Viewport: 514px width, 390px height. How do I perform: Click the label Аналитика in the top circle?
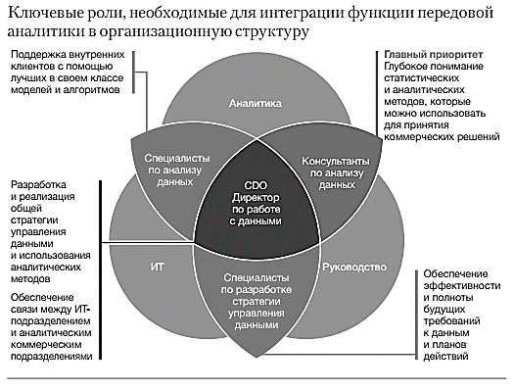coord(255,103)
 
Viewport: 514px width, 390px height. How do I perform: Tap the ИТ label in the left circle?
coord(157,267)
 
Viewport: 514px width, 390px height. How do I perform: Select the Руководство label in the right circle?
coord(354,268)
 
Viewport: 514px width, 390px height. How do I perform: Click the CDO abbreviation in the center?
coord(256,185)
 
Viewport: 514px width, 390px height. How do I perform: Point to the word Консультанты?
coord(336,162)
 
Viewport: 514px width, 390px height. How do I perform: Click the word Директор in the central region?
coord(256,198)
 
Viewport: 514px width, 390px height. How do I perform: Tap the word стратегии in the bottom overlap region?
coord(256,302)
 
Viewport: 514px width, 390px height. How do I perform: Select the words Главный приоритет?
coord(434,55)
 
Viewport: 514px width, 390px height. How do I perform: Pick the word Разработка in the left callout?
coord(38,185)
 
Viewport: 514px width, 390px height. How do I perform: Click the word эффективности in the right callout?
coord(462,286)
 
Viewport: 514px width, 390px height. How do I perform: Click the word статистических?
coord(422,78)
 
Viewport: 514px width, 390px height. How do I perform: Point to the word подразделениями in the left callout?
coord(52,357)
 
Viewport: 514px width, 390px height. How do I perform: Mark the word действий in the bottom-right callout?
coord(445,357)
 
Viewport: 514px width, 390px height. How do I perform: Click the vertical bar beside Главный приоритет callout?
coord(377,96)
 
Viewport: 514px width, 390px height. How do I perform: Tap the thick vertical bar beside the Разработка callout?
coord(100,269)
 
